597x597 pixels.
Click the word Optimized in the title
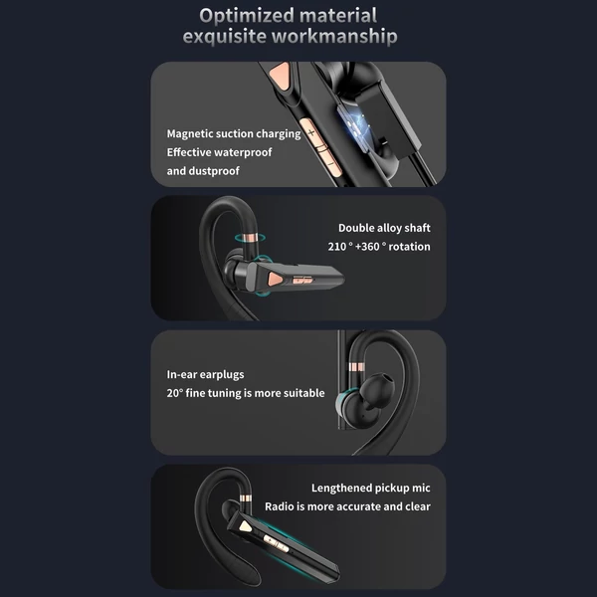point(247,16)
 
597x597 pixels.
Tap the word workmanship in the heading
point(334,37)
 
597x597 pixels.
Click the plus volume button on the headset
point(311,132)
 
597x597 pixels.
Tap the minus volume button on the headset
point(329,164)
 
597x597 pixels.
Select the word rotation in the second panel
point(409,247)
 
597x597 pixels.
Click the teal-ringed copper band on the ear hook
point(250,238)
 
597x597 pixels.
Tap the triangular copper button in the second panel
point(275,280)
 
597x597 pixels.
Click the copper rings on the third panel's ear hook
point(356,367)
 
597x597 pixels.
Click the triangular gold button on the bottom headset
point(245,526)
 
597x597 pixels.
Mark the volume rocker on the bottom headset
point(276,543)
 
